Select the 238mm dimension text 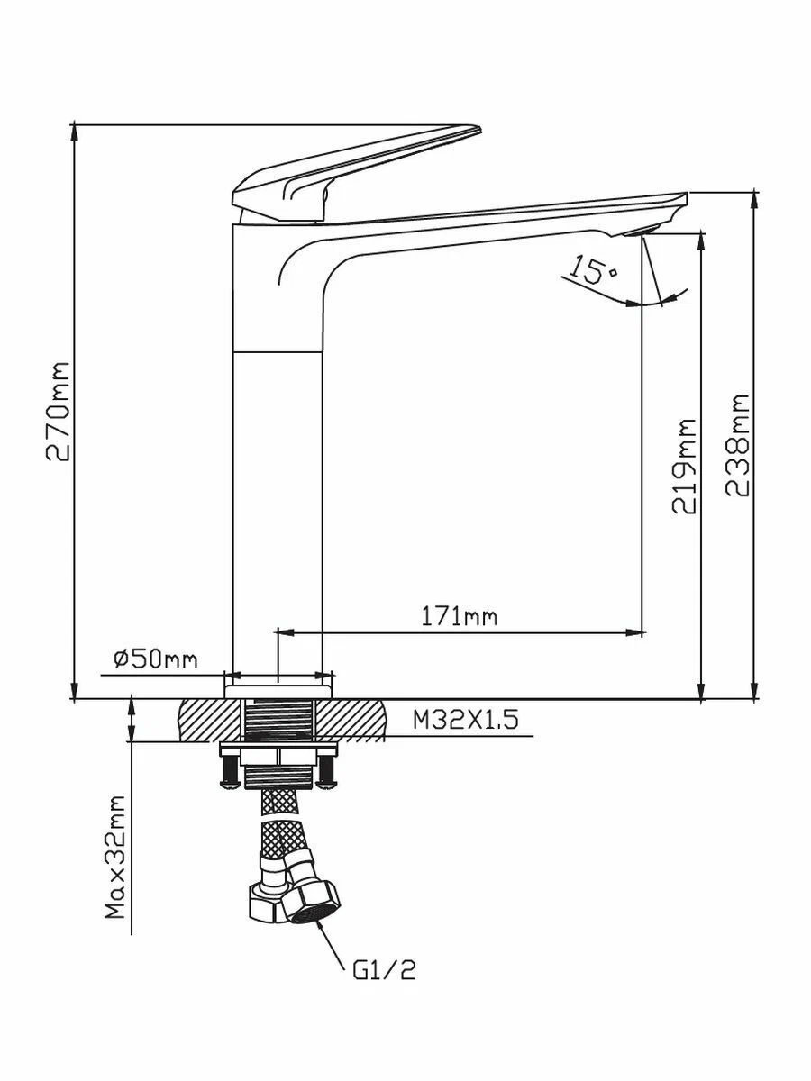(737, 445)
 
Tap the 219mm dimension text (684, 467)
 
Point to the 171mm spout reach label (459, 617)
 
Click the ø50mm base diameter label (156, 659)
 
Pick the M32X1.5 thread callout (466, 721)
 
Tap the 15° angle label (592, 270)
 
